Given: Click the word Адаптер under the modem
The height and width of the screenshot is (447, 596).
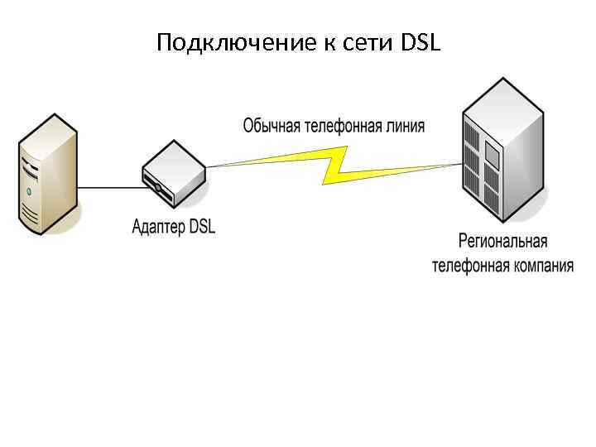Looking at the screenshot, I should [158, 226].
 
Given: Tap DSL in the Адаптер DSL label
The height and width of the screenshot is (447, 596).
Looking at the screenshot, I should [202, 226].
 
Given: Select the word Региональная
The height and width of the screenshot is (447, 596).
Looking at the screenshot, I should [503, 242].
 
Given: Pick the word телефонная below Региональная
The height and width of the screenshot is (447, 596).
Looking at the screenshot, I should [467, 266].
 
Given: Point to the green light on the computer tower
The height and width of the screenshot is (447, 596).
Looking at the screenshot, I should [29, 192].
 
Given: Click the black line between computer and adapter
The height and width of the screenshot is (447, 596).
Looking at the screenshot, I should [108, 188].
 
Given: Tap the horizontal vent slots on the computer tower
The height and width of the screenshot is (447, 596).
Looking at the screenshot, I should [30, 215].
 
